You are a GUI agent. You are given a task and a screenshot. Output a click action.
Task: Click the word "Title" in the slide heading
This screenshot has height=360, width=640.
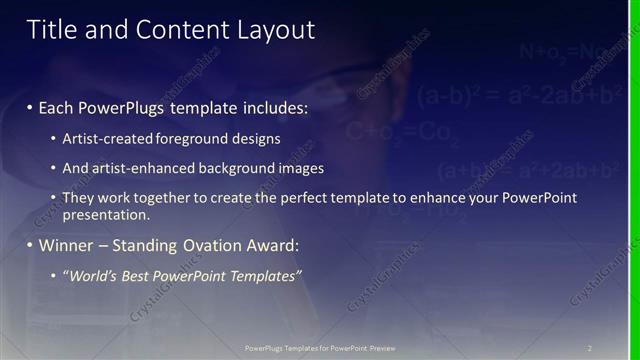click(x=51, y=31)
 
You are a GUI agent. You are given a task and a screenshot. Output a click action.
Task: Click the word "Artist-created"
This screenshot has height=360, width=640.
click(x=105, y=137)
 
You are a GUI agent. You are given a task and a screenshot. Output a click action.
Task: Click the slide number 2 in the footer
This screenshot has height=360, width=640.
click(x=590, y=347)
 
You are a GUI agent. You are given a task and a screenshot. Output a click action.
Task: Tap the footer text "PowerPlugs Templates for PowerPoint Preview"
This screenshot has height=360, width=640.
click(x=320, y=347)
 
